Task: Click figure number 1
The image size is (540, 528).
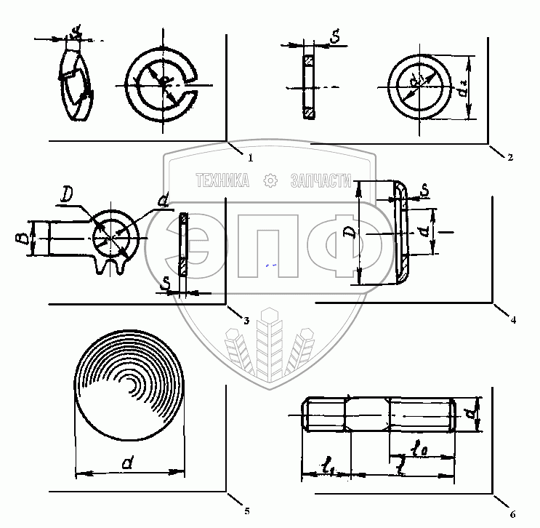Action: click(250, 156)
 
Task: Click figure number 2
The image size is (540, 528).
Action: click(511, 157)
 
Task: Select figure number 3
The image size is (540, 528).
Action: click(246, 320)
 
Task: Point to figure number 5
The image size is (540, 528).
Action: click(246, 512)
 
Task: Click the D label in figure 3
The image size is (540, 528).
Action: click(67, 194)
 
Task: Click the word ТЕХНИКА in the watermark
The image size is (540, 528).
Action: click(222, 180)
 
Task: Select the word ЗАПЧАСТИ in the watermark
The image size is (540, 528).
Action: click(321, 180)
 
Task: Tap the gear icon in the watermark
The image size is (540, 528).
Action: click(270, 180)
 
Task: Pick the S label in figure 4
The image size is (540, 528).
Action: click(424, 191)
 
